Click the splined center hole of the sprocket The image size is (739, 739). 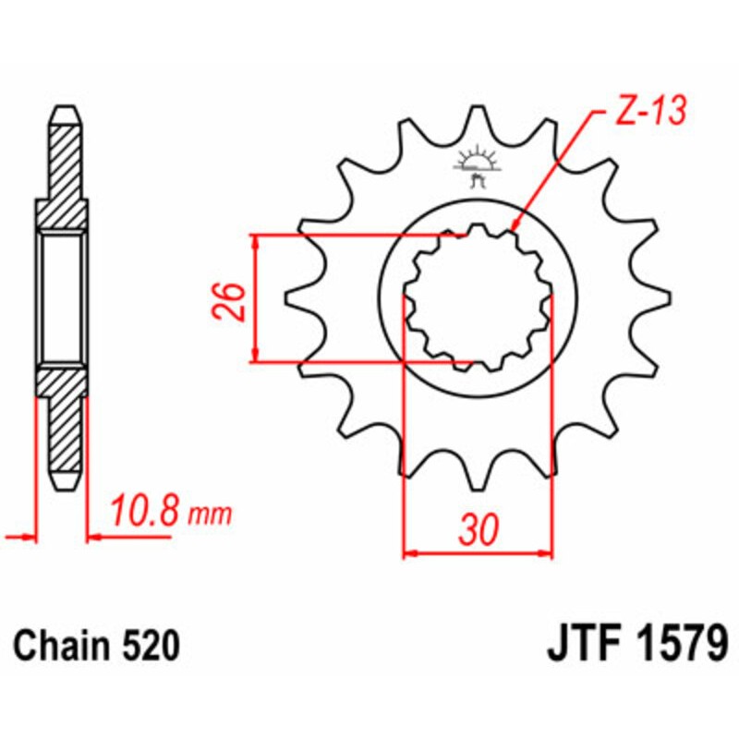point(478,298)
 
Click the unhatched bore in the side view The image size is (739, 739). point(64,297)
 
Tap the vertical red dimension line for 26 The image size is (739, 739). point(256,297)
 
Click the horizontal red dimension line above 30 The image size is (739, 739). point(478,555)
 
